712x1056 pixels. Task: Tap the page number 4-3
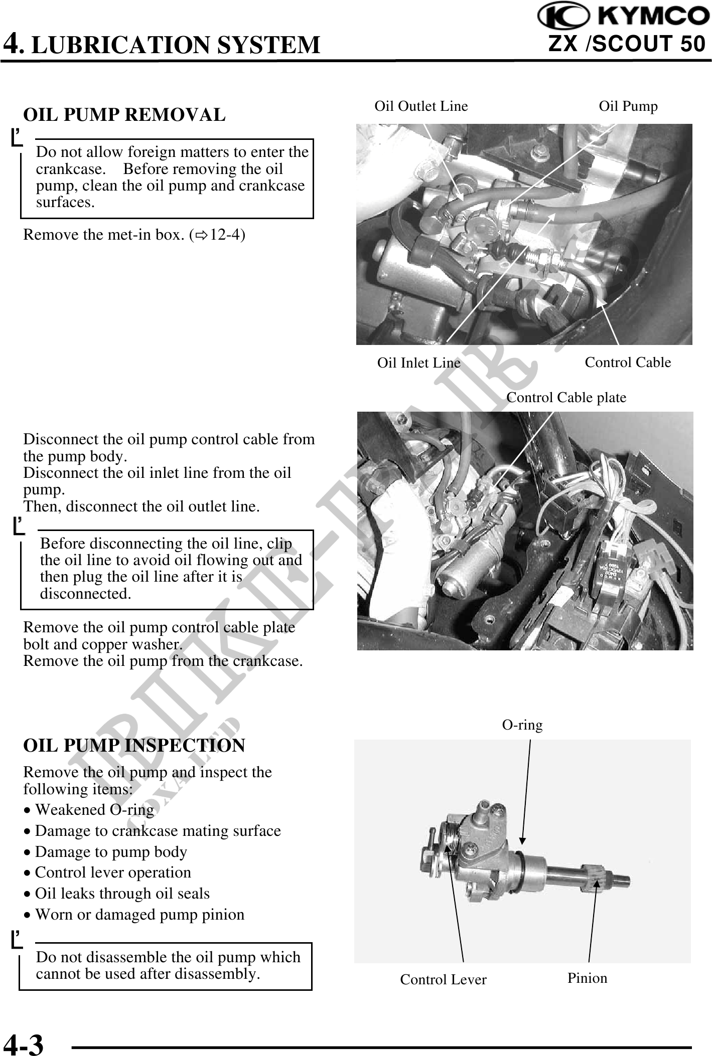point(24,1043)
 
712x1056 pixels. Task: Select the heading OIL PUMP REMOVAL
point(124,115)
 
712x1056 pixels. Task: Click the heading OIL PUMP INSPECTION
point(134,745)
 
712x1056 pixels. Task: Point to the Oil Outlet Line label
point(421,106)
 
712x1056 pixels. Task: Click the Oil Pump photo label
point(628,106)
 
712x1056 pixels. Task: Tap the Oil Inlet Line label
point(418,363)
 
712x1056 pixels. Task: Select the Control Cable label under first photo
point(628,362)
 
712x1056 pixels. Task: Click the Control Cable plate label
point(566,398)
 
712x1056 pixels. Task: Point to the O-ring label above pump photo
point(522,725)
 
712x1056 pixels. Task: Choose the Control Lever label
point(443,979)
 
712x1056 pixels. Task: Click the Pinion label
point(587,978)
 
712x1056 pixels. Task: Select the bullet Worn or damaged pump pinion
point(139,914)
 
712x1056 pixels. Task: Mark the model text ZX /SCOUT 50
point(627,44)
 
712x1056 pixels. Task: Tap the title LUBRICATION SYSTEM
point(176,45)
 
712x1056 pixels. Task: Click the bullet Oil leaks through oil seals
point(122,893)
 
